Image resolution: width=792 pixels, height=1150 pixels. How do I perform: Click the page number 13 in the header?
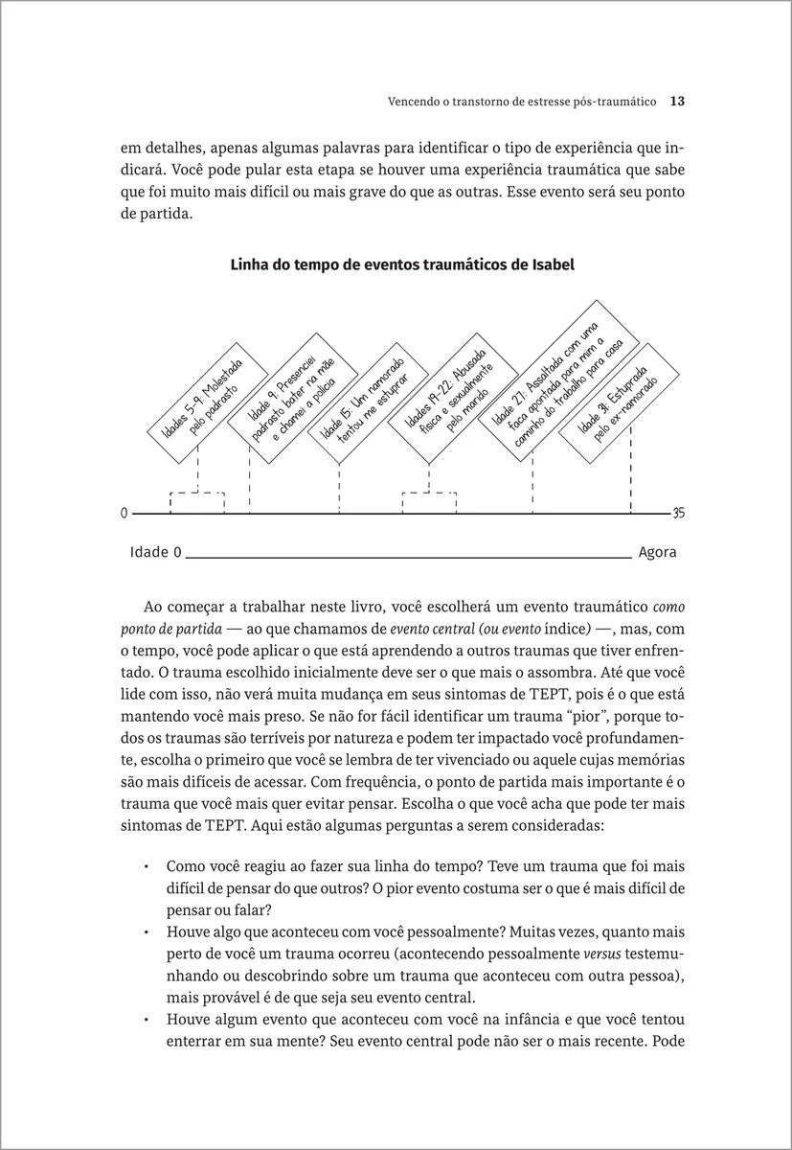[x=675, y=100]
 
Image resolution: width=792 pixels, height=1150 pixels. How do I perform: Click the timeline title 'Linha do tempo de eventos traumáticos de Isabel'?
[x=402, y=265]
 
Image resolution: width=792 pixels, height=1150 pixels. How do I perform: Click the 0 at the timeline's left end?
[x=124, y=513]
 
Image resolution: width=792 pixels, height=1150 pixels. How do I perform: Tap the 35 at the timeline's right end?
[x=679, y=513]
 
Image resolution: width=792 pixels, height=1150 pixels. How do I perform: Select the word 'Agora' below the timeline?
[x=657, y=553]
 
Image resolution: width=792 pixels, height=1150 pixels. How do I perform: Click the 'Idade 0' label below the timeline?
[x=155, y=553]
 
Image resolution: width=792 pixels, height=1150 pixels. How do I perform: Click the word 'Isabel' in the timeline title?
[x=551, y=265]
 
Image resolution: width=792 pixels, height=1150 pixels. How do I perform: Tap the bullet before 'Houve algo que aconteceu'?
[x=146, y=931]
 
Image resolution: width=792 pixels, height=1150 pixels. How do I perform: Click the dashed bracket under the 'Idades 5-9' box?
[x=196, y=494]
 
